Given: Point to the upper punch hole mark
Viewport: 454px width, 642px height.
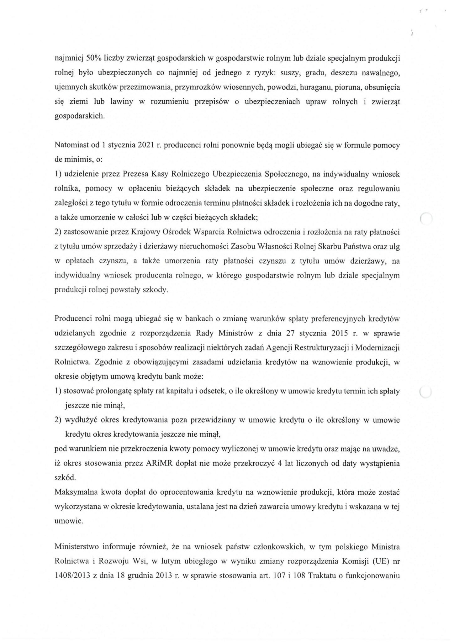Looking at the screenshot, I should coord(426,218).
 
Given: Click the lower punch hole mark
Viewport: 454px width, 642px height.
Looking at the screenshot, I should coord(425,392).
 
